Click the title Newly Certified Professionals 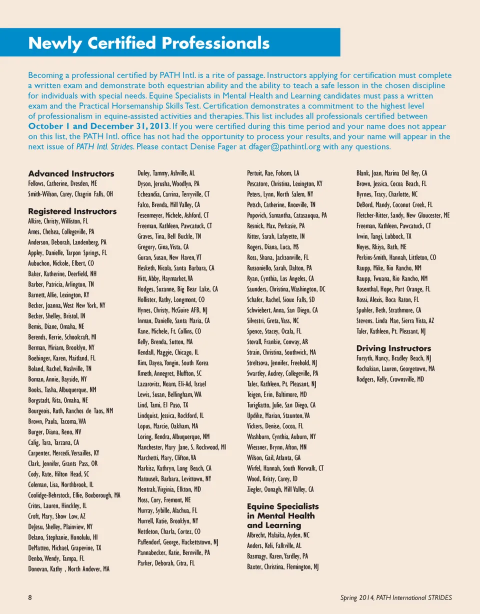[x=149, y=43]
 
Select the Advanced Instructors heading [x=71, y=173]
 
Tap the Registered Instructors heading [x=72, y=211]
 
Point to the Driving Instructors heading [x=393, y=348]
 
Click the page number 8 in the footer [x=30, y=597]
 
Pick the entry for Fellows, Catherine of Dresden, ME [x=62, y=183]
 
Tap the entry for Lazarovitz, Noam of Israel [x=171, y=383]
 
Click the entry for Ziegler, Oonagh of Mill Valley [x=280, y=489]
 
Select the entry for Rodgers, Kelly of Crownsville [x=390, y=379]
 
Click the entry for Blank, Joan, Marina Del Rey [x=391, y=173]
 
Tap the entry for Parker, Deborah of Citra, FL [x=166, y=562]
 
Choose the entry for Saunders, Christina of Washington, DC [x=286, y=289]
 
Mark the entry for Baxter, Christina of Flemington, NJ [x=282, y=566]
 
